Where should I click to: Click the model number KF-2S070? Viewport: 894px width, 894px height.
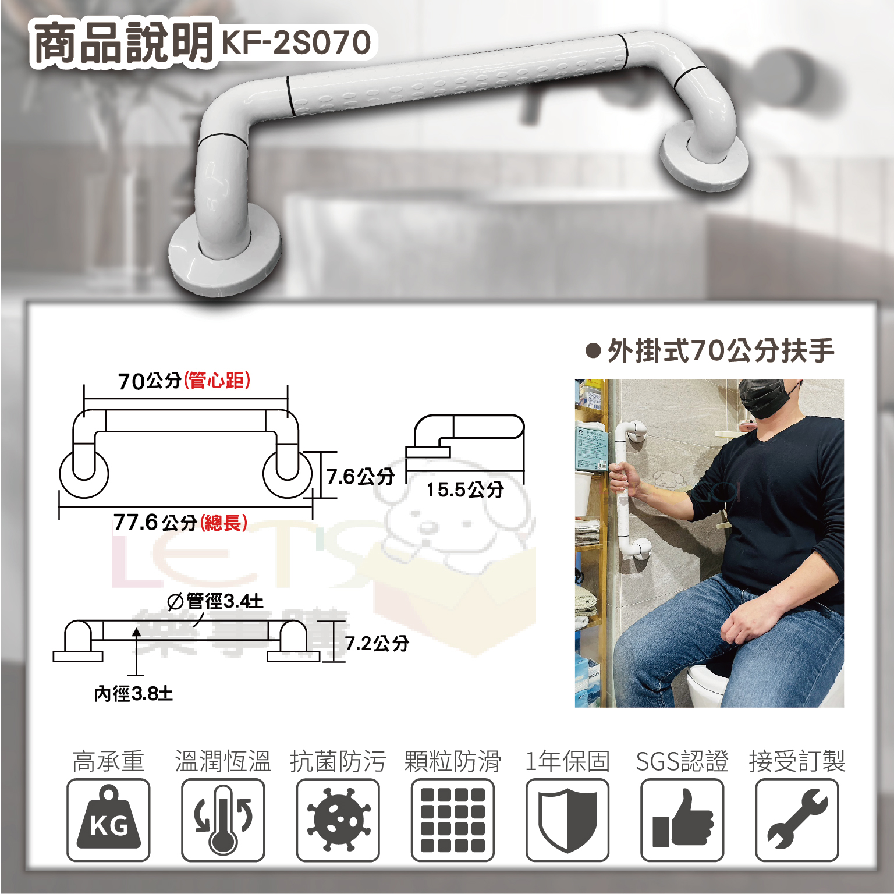point(296,42)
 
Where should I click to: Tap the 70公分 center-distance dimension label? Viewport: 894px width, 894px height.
point(184,381)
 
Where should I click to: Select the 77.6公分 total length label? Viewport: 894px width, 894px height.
point(180,522)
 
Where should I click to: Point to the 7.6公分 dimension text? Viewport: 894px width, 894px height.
point(360,477)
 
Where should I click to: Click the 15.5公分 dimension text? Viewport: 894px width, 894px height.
point(464,489)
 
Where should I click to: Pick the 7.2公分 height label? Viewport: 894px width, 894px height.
point(377,643)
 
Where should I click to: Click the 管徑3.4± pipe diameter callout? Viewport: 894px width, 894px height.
point(215,601)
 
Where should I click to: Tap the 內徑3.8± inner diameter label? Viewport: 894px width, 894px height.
point(133,694)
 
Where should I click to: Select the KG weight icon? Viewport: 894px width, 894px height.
point(108,821)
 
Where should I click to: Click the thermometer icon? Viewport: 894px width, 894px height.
point(223,819)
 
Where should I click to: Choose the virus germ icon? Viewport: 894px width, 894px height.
point(338,819)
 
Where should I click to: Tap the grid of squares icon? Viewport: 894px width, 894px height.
point(453,820)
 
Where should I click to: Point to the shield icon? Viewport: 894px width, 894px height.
point(567,821)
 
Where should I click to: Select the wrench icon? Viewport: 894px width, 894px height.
point(797,819)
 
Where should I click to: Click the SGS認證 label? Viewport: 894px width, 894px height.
point(682,761)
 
